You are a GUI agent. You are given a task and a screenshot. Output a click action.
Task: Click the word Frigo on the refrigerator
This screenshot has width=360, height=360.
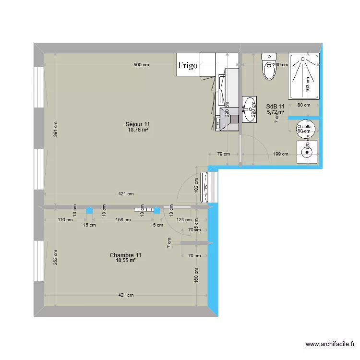click(188, 66)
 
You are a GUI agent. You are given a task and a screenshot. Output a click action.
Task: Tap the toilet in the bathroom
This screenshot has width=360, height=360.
click(269, 67)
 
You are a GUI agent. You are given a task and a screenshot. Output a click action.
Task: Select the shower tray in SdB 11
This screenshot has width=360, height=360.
click(303, 75)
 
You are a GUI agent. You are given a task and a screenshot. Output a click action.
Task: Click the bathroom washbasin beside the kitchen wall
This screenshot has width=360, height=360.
click(249, 109)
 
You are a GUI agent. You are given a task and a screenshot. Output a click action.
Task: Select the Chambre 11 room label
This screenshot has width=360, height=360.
click(125, 255)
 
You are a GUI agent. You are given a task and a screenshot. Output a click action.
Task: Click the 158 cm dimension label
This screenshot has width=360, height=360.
click(123, 220)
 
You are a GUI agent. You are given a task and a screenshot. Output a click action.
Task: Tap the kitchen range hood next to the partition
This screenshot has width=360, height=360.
click(229, 118)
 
